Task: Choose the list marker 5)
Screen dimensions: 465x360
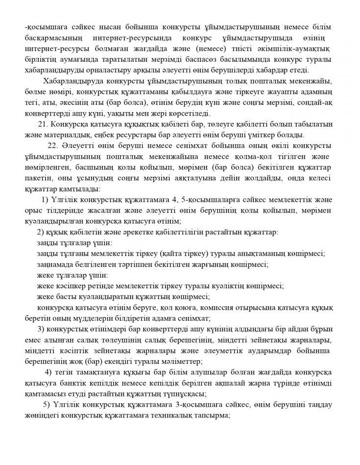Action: (47, 404)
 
